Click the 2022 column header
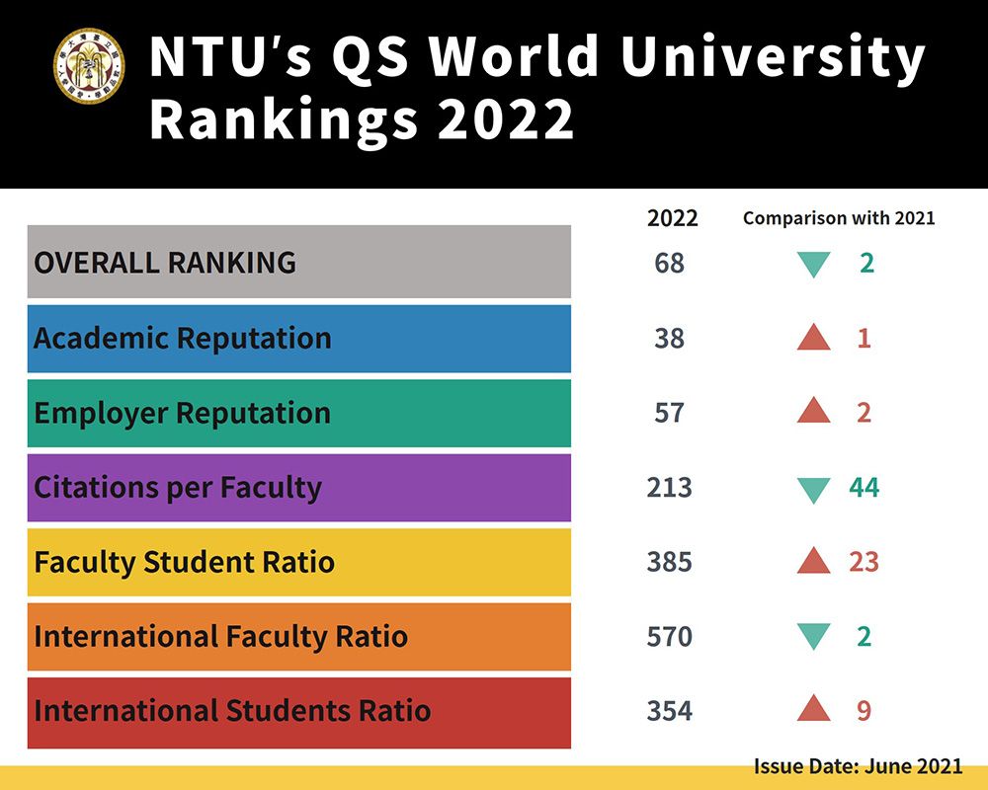[x=672, y=218]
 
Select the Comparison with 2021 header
[x=839, y=218]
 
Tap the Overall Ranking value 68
[x=669, y=264]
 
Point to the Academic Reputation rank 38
[x=669, y=339]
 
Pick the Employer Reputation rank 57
[x=669, y=413]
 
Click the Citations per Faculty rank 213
[x=669, y=488]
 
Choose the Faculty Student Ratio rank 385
[x=669, y=562]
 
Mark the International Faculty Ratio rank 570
[x=669, y=637]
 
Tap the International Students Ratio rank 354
[x=669, y=711]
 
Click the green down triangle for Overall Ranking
[x=813, y=265]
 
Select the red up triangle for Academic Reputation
[x=813, y=338]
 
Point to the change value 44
[x=864, y=488]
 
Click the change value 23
[x=864, y=562]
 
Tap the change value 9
[x=864, y=711]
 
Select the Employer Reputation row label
[x=182, y=413]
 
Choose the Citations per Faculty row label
[x=178, y=488]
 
